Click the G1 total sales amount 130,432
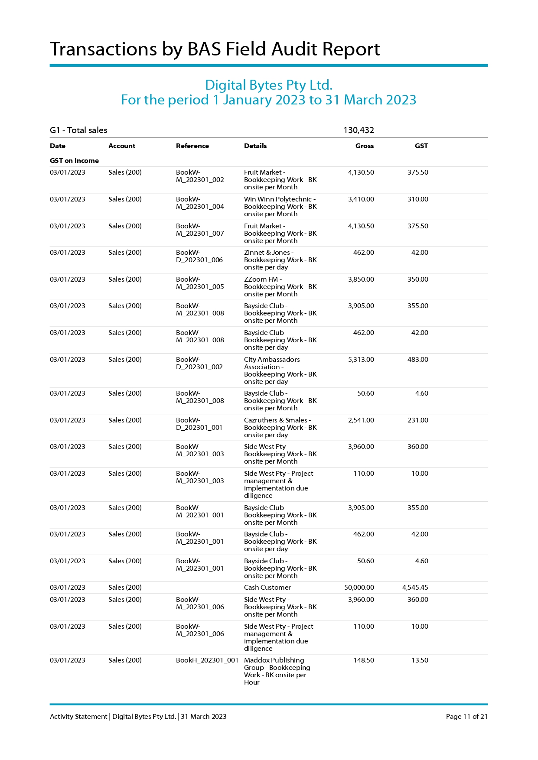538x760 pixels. (x=359, y=130)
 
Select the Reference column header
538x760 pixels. (x=192, y=146)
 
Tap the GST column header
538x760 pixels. (x=421, y=146)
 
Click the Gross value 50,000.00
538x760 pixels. (x=359, y=588)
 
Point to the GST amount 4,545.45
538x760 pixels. (x=415, y=588)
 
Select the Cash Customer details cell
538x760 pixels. (x=267, y=588)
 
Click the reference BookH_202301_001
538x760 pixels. (x=207, y=660)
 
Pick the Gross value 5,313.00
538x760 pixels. (x=361, y=360)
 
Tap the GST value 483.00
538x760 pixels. (x=417, y=360)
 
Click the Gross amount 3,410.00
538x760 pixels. (x=361, y=199)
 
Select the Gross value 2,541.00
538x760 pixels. (x=361, y=420)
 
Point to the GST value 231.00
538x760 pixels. (x=417, y=420)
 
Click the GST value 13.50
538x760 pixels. (x=420, y=660)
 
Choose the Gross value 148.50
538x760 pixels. (x=363, y=660)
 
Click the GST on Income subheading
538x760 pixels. (x=74, y=161)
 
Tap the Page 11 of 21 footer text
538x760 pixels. (x=466, y=717)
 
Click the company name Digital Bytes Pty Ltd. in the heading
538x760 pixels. (x=268, y=85)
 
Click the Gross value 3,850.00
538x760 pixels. (x=361, y=279)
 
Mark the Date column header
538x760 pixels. (x=58, y=146)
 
